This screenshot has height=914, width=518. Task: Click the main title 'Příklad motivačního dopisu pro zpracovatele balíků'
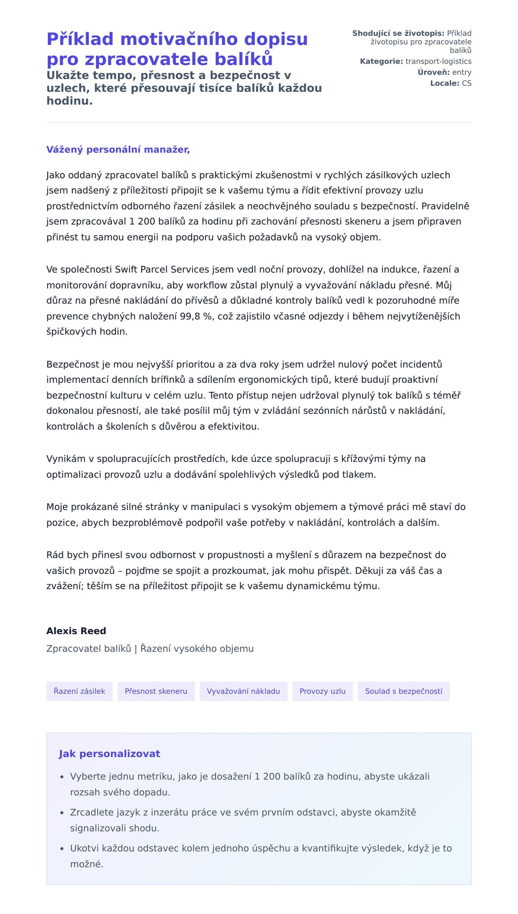pos(177,49)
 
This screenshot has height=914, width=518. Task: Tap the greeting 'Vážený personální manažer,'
pos(118,150)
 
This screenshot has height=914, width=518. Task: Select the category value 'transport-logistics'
pos(438,61)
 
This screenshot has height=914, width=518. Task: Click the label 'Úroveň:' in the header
pos(433,72)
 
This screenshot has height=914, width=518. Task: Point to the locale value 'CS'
pos(467,83)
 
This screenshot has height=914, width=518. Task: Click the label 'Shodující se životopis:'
pos(398,33)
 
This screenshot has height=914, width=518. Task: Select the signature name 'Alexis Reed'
pos(76,631)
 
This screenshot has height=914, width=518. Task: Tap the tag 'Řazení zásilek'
pos(79,691)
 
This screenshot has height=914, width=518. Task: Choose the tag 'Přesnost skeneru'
pos(156,691)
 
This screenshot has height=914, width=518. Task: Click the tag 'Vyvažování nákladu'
pos(243,691)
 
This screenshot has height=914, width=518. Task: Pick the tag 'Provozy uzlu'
pos(322,691)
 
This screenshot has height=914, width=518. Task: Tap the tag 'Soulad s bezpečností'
pos(404,691)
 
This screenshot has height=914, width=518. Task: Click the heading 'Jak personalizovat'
pos(109,754)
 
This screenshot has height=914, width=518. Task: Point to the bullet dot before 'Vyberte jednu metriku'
pos(62,777)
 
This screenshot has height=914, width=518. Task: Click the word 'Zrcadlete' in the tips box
pos(91,812)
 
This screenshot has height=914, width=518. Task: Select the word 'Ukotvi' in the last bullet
pos(84,848)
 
